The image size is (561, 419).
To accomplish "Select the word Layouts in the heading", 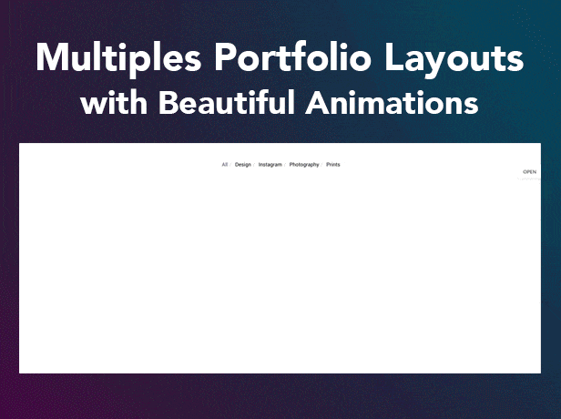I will pyautogui.click(x=453, y=60).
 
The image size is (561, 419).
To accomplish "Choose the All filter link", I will pyautogui.click(x=224, y=165).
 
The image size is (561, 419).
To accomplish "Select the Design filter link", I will pyautogui.click(x=242, y=165).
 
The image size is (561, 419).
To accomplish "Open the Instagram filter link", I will pyautogui.click(x=270, y=165).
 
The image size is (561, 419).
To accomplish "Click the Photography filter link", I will pyautogui.click(x=304, y=165).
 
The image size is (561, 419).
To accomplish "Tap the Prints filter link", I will pyautogui.click(x=332, y=165).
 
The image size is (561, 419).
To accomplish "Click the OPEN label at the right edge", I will pyautogui.click(x=529, y=171).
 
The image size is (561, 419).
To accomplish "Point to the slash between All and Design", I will pyautogui.click(x=230, y=165).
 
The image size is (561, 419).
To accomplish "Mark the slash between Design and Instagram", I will pyautogui.click(x=254, y=165).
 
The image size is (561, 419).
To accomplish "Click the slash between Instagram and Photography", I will pyautogui.click(x=286, y=165).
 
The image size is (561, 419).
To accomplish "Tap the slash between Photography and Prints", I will pyautogui.click(x=322, y=165).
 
